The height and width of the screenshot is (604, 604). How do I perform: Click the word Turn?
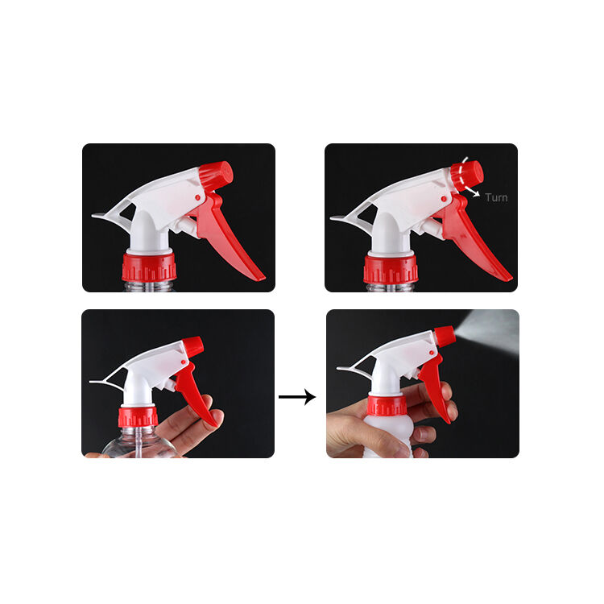(496, 197)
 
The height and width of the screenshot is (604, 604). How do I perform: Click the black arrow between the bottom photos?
(297, 397)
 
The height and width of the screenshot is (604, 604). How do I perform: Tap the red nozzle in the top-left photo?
(216, 176)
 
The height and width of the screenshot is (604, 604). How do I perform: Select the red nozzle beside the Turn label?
(467, 176)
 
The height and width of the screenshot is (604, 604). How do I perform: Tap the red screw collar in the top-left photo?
(149, 267)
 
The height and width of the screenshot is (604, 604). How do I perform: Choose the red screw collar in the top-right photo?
(391, 268)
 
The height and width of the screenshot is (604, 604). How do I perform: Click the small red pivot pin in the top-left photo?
(197, 197)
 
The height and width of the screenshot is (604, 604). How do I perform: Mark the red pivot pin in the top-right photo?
(444, 199)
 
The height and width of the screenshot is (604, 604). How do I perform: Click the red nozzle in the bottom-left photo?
(193, 346)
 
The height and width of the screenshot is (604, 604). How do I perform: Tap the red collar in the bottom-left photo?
(138, 417)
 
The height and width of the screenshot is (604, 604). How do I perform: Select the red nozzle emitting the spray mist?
(445, 336)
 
